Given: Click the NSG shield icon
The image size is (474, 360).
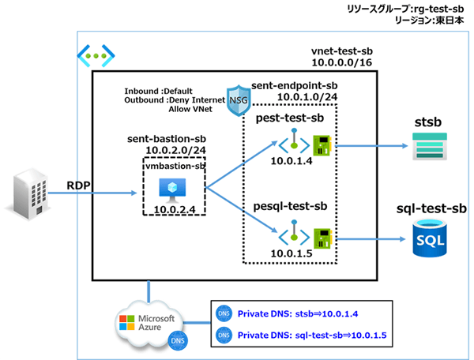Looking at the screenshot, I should (x=238, y=101).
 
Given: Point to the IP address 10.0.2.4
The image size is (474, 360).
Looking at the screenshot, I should (x=170, y=209).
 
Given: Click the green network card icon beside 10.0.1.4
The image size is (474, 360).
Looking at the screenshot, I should (x=323, y=145).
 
